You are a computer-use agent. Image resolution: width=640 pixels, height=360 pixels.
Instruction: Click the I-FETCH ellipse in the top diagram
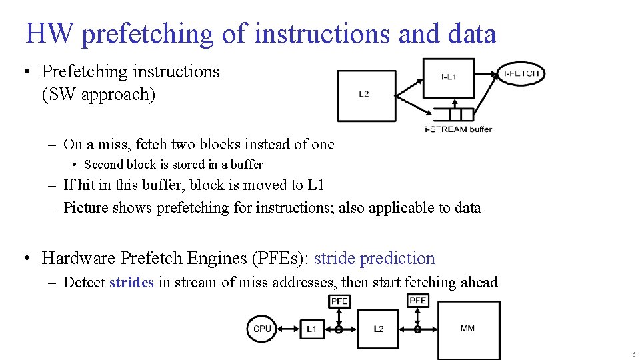521,74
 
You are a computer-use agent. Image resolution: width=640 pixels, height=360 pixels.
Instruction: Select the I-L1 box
449,77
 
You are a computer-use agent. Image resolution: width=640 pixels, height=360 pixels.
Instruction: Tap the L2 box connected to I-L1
366,95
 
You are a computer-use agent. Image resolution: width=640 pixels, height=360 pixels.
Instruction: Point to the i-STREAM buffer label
458,129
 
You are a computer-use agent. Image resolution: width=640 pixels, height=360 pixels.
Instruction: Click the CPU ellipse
263,329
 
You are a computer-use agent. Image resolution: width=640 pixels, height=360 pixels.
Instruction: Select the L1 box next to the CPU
312,329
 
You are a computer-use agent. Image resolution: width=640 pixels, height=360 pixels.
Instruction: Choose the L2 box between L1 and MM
378,329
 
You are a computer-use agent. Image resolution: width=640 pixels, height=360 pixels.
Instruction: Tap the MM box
468,329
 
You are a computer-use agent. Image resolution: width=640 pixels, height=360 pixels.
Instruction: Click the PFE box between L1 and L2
339,301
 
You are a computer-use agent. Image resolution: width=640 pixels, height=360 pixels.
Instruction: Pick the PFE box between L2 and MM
418,301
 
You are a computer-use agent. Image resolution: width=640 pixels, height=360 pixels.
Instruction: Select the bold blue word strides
131,283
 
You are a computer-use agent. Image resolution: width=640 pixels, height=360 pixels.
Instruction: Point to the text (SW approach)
99,95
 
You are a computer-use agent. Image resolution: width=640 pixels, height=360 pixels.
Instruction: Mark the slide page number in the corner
633,355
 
